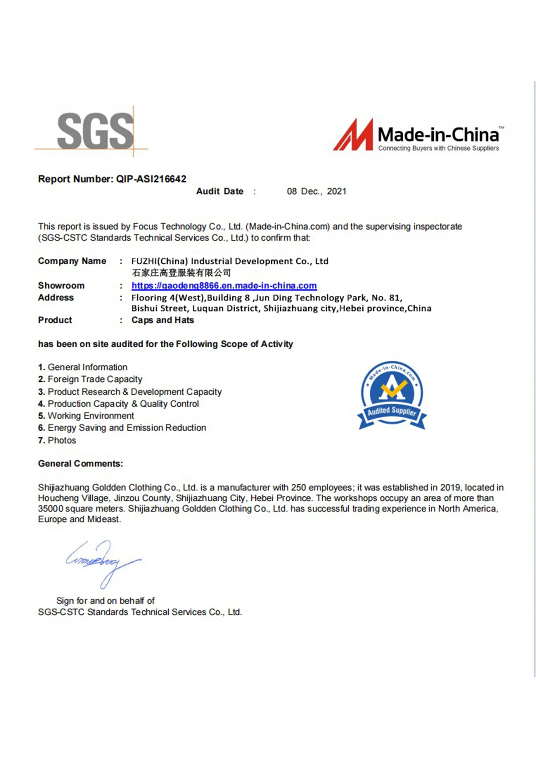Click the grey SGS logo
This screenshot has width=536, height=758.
coord(95,131)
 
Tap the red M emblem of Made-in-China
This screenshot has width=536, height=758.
coord(353,135)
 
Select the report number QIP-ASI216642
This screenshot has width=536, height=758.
coord(151,179)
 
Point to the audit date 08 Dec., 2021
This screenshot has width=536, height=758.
coord(316,192)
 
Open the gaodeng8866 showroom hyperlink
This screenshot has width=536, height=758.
coord(224,286)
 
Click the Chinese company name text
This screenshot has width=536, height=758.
coord(181,273)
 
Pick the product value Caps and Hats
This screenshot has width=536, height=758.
coord(162,320)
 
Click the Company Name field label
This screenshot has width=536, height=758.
coord(72,261)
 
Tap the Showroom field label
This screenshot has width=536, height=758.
coord(61,286)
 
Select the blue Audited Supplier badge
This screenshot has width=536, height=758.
coord(392,395)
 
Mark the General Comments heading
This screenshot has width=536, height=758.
coord(81,463)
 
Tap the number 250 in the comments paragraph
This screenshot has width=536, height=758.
coord(298,488)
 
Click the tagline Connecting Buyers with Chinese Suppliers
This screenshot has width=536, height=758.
coord(438,148)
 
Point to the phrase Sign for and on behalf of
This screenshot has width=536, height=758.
coord(105,601)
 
